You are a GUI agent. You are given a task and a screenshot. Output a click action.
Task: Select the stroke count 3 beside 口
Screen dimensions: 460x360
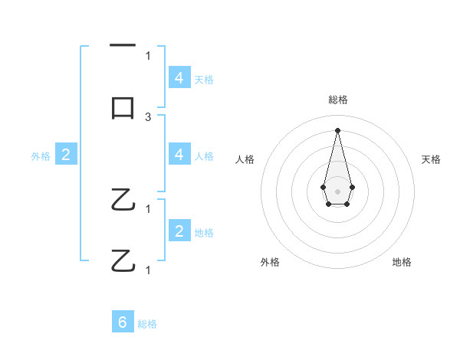coord(148,116)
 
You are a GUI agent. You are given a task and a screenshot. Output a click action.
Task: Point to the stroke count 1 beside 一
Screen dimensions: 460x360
coord(148,55)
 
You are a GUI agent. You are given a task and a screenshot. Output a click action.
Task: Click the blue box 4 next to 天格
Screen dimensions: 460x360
coord(179,78)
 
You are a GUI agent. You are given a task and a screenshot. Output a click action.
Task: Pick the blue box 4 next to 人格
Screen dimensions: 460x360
coord(179,155)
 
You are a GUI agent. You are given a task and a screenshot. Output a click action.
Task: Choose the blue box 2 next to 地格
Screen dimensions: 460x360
coord(179,231)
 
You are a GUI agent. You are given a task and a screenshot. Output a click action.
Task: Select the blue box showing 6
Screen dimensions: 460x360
coord(123,322)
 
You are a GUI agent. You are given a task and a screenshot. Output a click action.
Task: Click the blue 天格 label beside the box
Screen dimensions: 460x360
coord(204,79)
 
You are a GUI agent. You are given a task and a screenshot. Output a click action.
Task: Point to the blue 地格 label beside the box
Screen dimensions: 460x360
coord(204,232)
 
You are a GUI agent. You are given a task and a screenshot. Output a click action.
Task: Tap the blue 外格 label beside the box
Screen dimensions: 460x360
coord(41,155)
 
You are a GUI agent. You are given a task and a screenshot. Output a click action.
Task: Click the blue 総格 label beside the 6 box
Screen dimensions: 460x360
coord(147,323)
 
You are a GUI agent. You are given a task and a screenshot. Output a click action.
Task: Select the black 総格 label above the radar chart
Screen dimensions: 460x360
coord(338,100)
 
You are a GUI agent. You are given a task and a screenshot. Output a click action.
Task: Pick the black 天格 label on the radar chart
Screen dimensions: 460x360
coord(432,159)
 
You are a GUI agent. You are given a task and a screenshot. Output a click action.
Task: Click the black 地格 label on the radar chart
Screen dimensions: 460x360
coord(402,262)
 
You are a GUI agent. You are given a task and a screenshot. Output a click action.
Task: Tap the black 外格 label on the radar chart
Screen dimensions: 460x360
coord(270,262)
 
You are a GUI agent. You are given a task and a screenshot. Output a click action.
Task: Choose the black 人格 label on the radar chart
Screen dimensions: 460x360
coord(245,159)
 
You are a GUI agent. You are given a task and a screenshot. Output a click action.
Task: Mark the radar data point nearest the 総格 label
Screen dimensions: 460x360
coord(337,129)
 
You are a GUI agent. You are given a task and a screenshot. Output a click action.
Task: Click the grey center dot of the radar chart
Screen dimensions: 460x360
coord(337,190)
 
